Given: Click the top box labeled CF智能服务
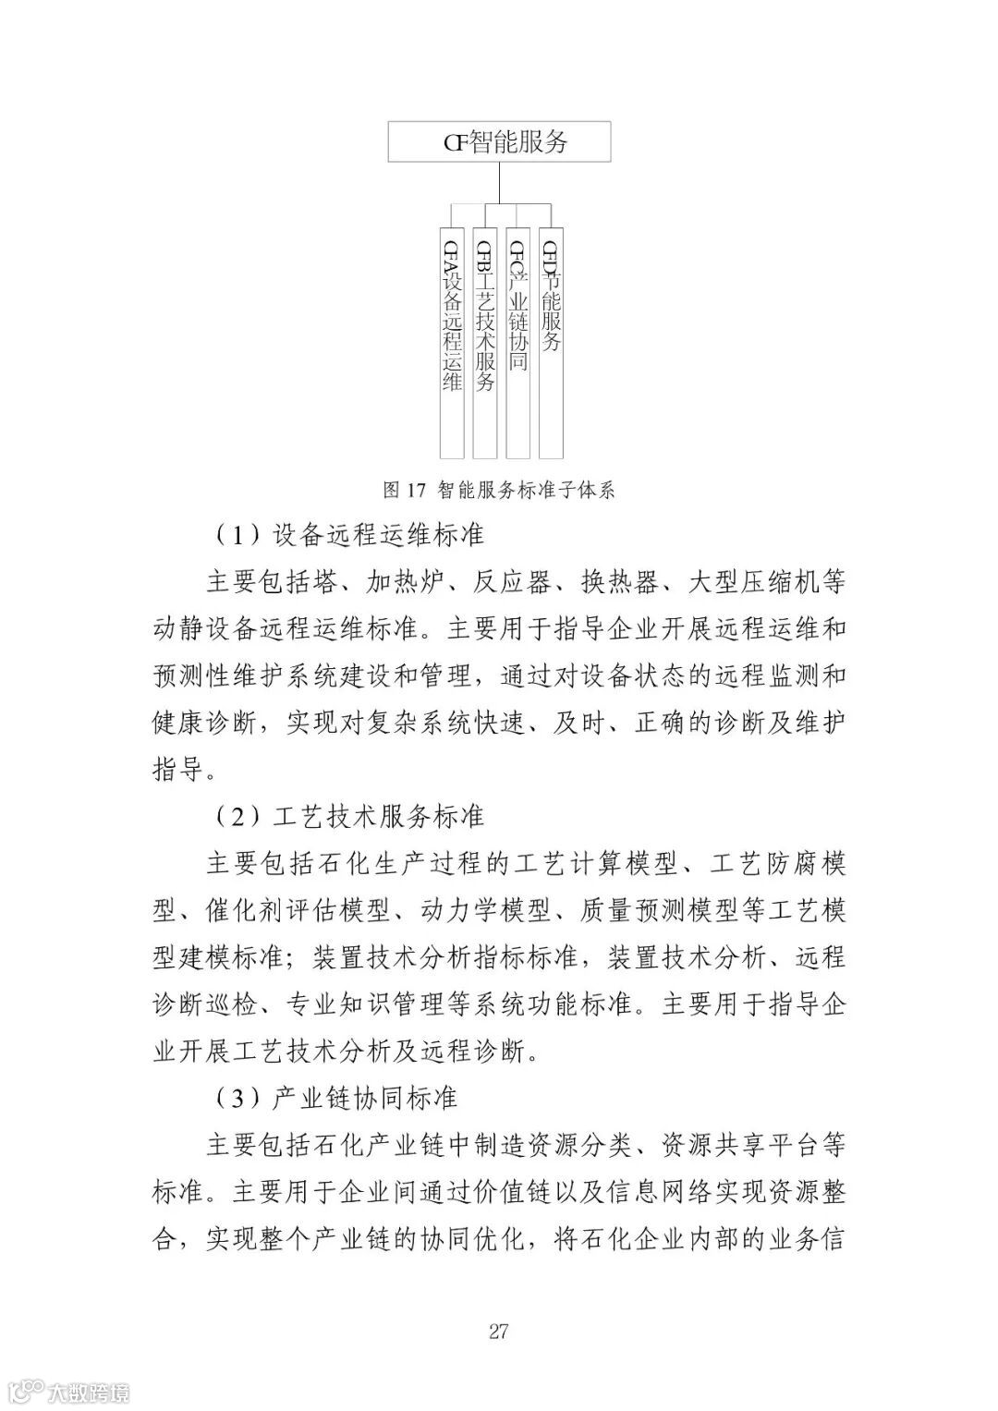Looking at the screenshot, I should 499,142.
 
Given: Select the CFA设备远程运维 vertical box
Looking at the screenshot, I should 451,342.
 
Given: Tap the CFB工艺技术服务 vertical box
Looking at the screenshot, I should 485,342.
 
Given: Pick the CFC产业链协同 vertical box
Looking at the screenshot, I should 518,342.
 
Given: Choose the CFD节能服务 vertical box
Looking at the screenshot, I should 551,342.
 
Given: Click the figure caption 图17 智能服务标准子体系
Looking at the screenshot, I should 499,490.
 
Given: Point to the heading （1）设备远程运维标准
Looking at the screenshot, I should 348,534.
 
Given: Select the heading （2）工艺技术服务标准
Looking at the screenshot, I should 348,816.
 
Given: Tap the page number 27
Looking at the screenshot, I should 499,1332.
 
